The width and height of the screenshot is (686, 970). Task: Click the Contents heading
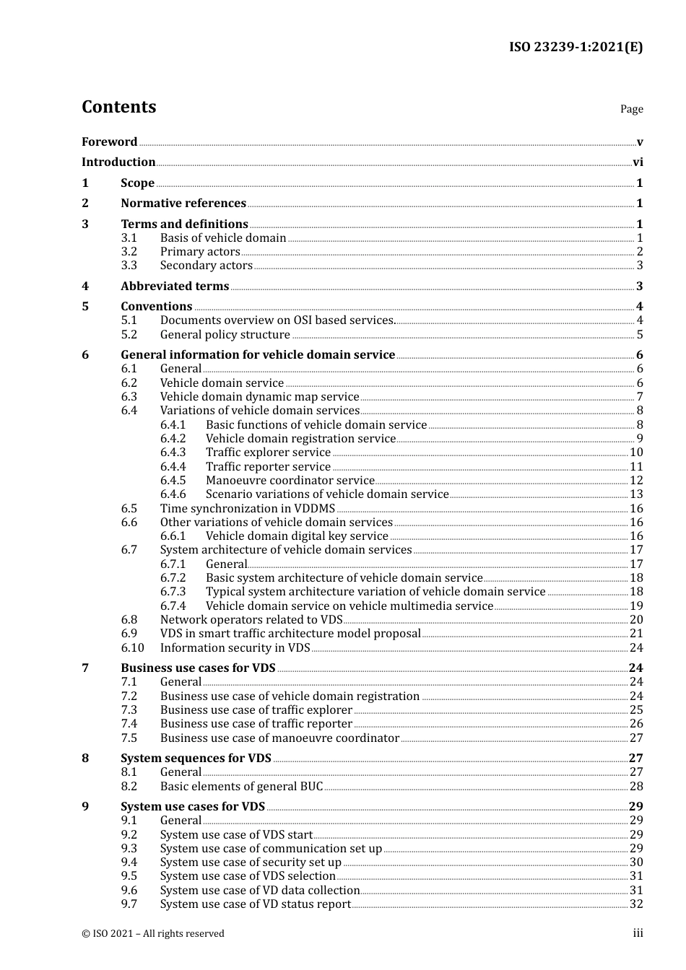(118, 107)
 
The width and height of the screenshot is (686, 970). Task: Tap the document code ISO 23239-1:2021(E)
(576, 47)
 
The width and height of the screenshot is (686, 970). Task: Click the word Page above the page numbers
(631, 109)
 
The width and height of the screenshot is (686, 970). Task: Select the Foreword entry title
(109, 142)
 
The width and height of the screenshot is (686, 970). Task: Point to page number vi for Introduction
(638, 162)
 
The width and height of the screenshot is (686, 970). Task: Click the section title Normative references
(183, 204)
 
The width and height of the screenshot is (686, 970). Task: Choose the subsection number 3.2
(129, 252)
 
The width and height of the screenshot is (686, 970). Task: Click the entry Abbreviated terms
(175, 287)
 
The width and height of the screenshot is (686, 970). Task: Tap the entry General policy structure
(225, 335)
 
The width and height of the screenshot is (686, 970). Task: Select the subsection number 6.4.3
(173, 453)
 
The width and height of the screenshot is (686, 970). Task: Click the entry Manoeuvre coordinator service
(290, 481)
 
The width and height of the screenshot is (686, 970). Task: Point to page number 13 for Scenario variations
(636, 494)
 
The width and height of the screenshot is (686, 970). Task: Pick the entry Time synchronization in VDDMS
(247, 509)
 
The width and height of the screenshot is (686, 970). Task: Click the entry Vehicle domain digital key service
(297, 536)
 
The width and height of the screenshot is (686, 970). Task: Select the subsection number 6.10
(132, 648)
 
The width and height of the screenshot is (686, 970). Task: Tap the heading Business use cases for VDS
(198, 668)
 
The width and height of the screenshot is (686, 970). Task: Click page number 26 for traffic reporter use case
(636, 724)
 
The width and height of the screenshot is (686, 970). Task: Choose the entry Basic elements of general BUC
(241, 787)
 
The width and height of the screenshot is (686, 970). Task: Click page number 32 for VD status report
(636, 904)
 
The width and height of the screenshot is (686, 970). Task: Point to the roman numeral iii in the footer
(638, 933)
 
